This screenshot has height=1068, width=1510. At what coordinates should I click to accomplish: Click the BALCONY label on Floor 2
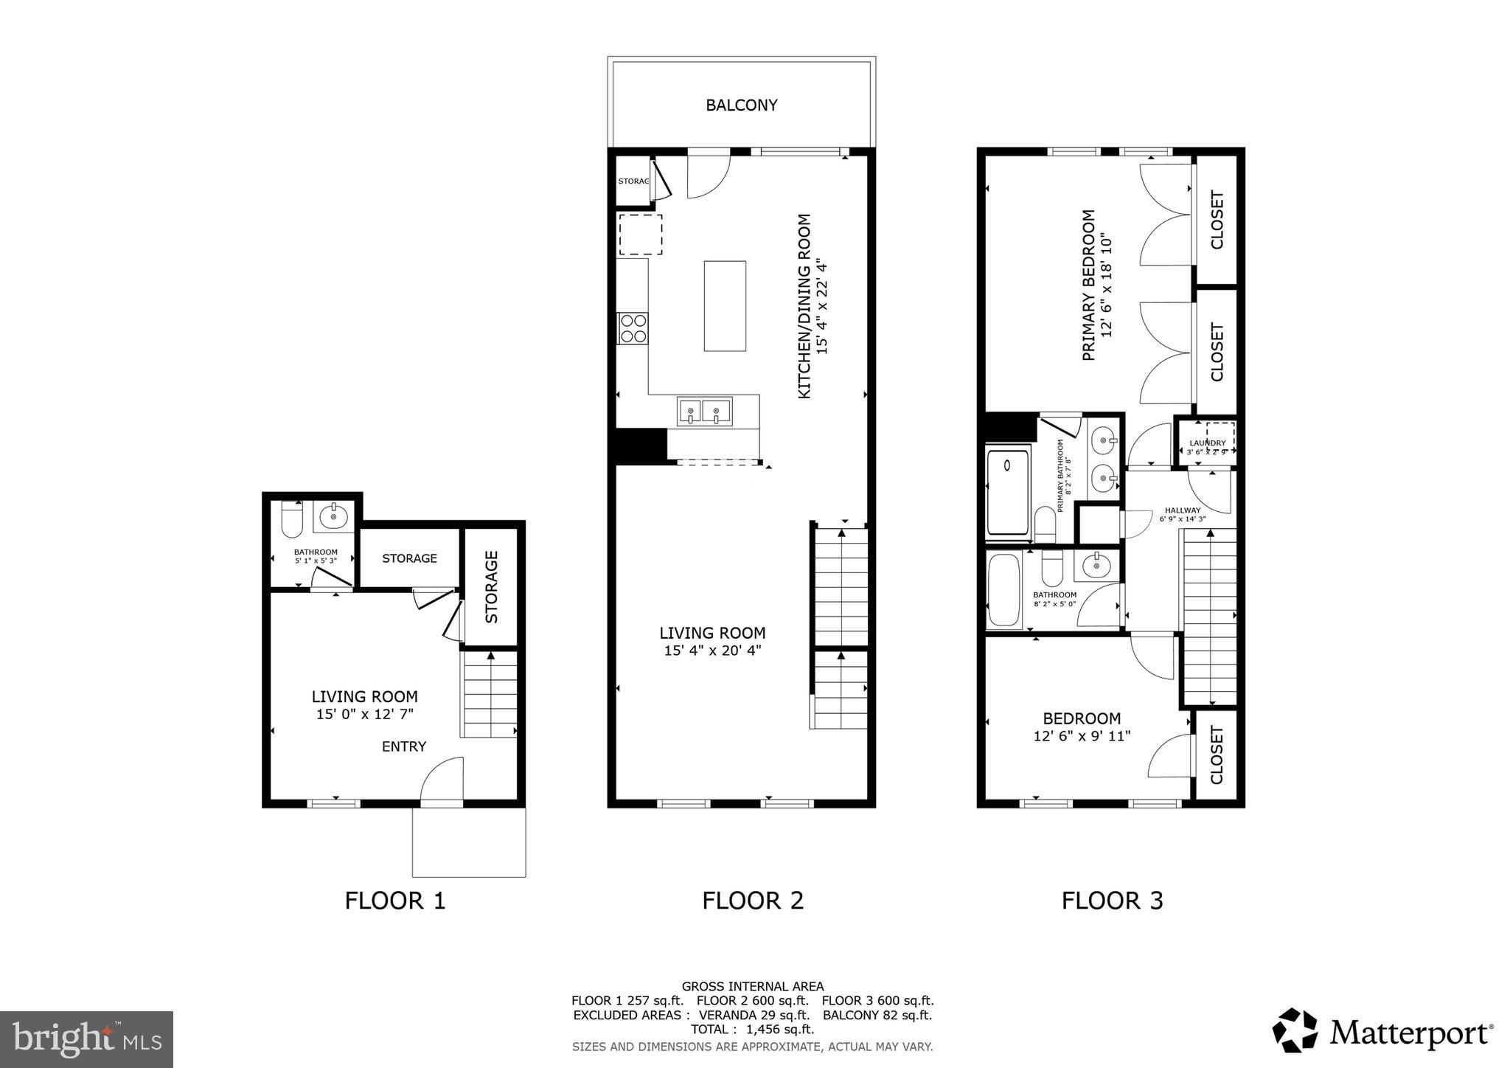point(741,105)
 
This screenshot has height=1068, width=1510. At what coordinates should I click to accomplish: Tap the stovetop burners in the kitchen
point(633,328)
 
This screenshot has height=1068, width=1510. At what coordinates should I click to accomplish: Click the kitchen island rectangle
point(724,305)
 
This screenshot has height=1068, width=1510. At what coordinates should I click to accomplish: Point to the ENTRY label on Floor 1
point(403,746)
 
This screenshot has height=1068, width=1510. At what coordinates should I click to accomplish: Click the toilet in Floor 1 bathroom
point(292,519)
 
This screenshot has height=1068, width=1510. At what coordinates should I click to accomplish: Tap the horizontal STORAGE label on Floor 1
point(409,558)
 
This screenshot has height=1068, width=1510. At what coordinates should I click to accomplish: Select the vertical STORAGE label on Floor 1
point(492,586)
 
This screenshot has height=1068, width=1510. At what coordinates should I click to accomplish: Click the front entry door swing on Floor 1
point(442,780)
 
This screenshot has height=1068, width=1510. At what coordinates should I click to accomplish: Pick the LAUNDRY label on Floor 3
point(1207,443)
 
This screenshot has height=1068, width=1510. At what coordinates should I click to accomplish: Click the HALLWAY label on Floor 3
point(1183,510)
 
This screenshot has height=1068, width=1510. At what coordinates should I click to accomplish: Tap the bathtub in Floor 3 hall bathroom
point(1003,589)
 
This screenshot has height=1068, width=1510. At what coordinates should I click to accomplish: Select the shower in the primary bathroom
point(1007,492)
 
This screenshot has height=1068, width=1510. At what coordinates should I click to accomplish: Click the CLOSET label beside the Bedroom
point(1216,755)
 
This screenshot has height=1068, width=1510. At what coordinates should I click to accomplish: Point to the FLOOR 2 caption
point(752,901)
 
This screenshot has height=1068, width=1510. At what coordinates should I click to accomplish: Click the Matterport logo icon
point(1295,1030)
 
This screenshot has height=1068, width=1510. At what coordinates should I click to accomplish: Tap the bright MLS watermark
point(86,1039)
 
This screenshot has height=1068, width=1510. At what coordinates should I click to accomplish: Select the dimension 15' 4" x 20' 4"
point(711,651)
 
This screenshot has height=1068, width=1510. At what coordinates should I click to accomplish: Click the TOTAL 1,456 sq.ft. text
point(752,1029)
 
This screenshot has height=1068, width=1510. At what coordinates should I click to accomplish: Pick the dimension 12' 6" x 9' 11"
point(1082,736)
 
